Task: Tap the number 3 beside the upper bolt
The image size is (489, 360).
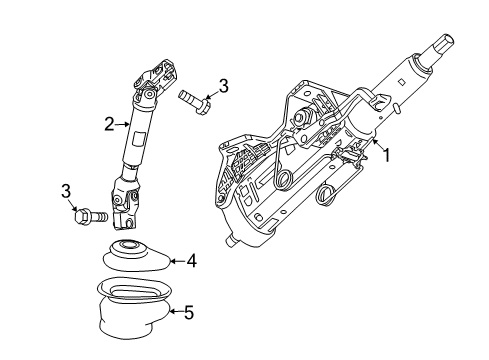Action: point(223,87)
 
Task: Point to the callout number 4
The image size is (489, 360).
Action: point(191,262)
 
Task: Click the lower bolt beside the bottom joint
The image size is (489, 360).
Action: point(93,214)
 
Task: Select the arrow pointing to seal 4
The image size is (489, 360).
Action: point(174,262)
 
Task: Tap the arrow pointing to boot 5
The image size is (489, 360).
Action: point(174,312)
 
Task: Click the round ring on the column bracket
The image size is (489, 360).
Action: point(284,180)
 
